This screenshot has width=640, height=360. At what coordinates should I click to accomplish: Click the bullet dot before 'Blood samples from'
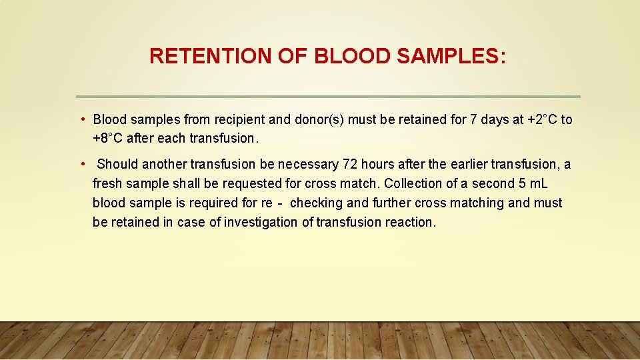click(82, 119)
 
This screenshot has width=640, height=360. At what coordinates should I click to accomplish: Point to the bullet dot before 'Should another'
click(82, 164)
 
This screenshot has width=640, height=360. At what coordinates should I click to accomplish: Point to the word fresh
click(107, 183)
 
